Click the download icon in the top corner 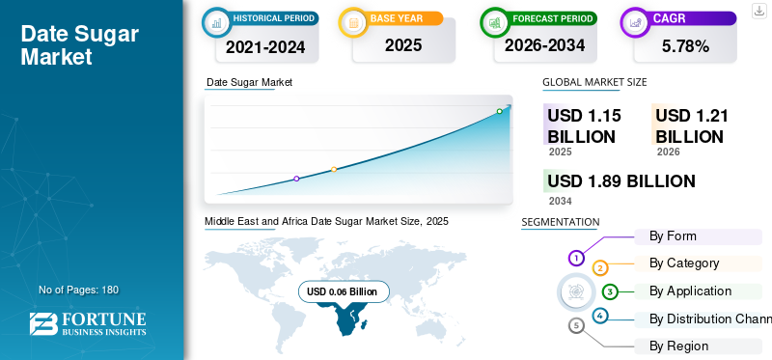tap(759, 11)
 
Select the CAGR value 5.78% tap(685, 46)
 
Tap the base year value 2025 tap(403, 45)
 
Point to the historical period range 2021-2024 tap(265, 46)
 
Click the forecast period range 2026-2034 tap(545, 45)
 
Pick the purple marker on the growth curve tap(296, 179)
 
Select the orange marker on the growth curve tap(334, 170)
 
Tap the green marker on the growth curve tap(499, 111)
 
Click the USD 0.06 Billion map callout tap(344, 292)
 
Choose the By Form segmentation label tap(673, 235)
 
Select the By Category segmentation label tap(684, 263)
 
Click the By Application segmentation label tap(690, 291)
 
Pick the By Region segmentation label tap(679, 346)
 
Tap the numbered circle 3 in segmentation tap(610, 292)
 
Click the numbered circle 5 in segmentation tap(576, 325)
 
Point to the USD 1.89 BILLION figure tap(621, 181)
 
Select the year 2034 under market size tap(561, 201)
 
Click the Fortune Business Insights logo tap(88, 324)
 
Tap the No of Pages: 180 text tap(79, 290)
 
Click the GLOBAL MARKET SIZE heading tap(594, 82)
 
